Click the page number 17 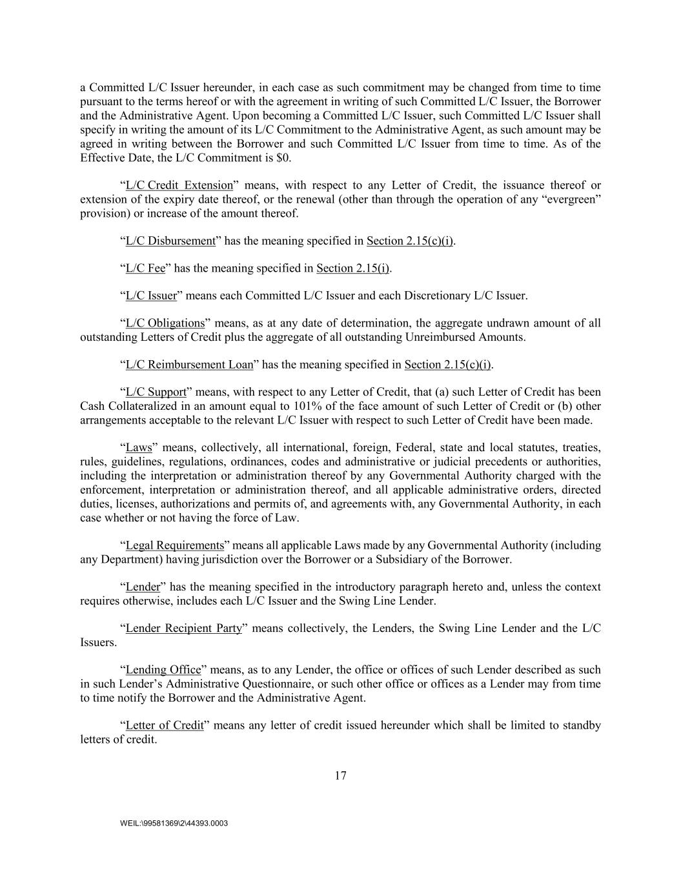click(340, 776)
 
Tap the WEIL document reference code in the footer click(174, 824)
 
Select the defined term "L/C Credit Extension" click(179, 185)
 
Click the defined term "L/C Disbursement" click(170, 241)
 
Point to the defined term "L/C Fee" click(145, 268)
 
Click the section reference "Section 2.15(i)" click(352, 268)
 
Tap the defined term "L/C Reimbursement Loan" click(189, 365)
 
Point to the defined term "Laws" click(139, 447)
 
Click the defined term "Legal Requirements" click(174, 545)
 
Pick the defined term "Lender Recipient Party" click(183, 628)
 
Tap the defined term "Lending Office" click(163, 669)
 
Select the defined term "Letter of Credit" click(165, 725)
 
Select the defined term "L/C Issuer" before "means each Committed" click(150, 296)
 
